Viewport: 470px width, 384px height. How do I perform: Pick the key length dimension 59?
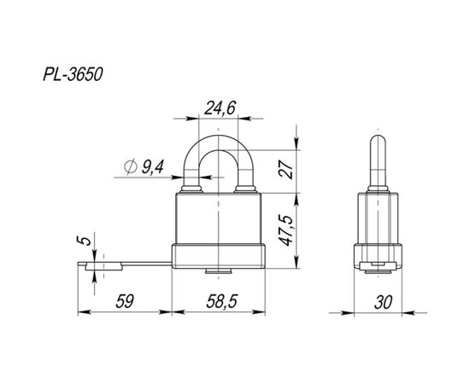124,302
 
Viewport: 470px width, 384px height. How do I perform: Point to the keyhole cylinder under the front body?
219,272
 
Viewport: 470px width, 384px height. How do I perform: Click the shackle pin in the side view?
377,162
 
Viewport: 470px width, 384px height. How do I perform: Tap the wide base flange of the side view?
377,255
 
